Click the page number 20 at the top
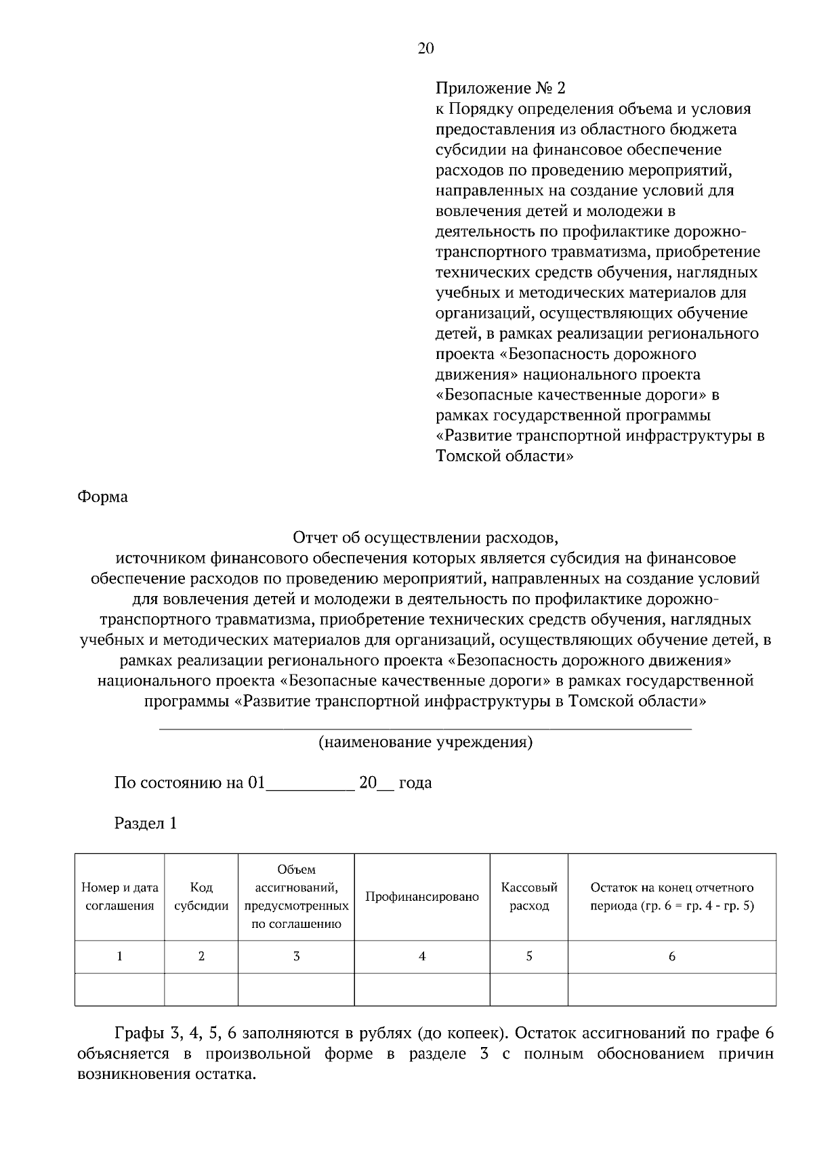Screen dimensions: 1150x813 click(425, 48)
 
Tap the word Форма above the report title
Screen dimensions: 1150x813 click(102, 497)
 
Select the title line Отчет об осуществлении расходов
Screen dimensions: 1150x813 click(425, 538)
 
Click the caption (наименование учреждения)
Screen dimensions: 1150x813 click(425, 742)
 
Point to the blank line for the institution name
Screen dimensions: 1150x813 click(425, 727)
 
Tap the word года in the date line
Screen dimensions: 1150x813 click(415, 784)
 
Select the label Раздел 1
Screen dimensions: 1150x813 click(146, 824)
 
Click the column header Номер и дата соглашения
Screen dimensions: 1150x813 click(120, 897)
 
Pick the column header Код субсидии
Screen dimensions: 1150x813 click(201, 897)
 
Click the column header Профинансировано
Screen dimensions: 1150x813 click(422, 897)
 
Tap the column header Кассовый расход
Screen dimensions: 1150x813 click(528, 897)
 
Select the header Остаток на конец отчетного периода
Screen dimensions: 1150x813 click(671, 897)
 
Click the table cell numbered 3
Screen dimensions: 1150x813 click(296, 956)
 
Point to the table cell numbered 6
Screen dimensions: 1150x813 click(671, 956)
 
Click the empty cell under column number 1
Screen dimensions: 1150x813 click(120, 989)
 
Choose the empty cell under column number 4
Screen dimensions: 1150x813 click(422, 989)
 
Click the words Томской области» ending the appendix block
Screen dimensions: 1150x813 click(505, 456)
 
